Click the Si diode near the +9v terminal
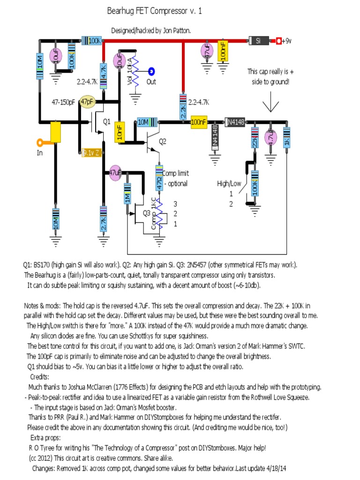258,41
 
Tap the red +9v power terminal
278,41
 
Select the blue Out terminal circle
151,72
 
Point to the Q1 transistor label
107,121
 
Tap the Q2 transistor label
162,141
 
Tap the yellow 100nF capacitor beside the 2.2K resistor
198,122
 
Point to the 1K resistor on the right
286,138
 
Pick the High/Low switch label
229,183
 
